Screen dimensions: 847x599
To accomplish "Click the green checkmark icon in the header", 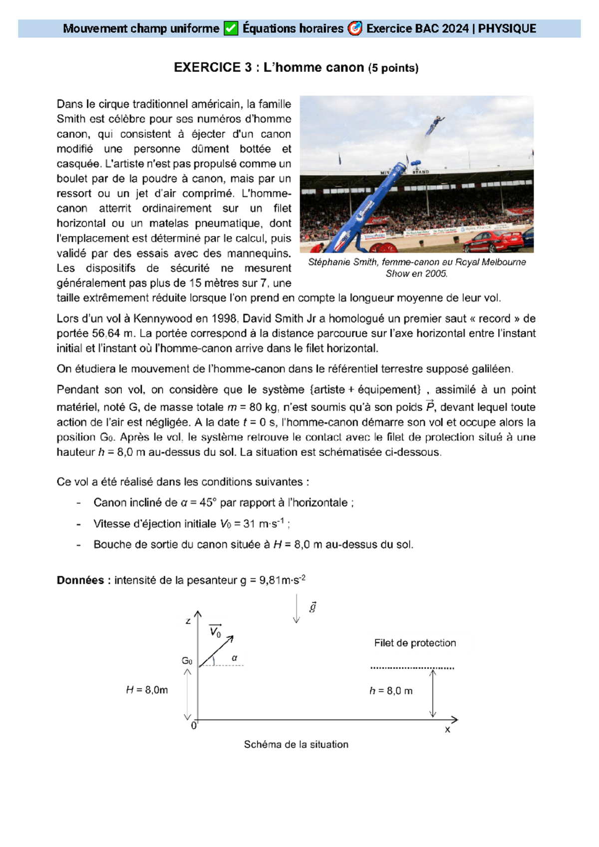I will (231, 29).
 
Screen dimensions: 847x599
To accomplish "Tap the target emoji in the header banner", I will (354, 29).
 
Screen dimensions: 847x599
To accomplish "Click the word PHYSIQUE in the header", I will (507, 29).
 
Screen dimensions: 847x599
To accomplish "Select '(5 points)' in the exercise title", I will (393, 68).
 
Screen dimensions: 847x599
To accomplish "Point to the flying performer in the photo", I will (434, 125).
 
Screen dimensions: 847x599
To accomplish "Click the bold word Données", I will (80, 580).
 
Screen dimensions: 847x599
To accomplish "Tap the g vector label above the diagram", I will (313, 607).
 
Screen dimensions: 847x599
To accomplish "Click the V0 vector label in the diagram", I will (215, 631).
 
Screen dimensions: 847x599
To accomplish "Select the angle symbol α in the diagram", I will (234, 658).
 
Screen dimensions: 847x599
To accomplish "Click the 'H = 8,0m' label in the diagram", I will (147, 690).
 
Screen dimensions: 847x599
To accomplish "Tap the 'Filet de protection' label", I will (415, 643).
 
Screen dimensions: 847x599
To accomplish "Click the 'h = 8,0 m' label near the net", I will (391, 691).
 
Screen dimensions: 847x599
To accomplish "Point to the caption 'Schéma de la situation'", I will (296, 745).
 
